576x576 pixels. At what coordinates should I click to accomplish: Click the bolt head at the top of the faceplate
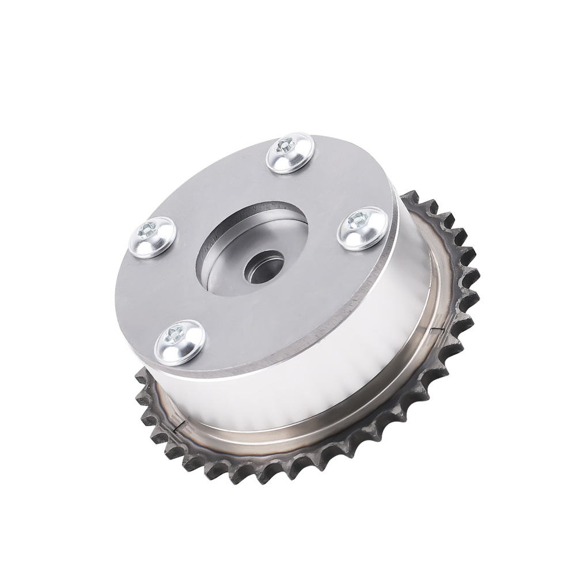tap(291, 153)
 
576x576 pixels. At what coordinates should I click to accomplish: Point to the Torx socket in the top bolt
tap(286, 147)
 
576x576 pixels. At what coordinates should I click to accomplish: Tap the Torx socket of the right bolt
tap(357, 219)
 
